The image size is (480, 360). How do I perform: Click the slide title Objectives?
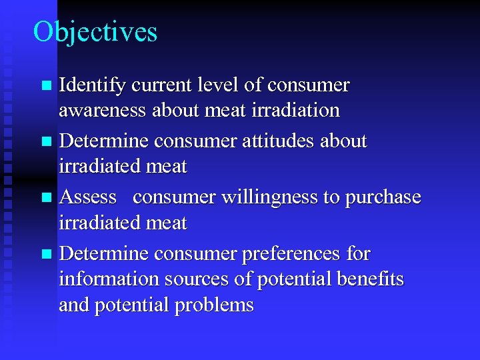click(x=95, y=32)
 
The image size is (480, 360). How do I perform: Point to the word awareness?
click(x=103, y=110)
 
